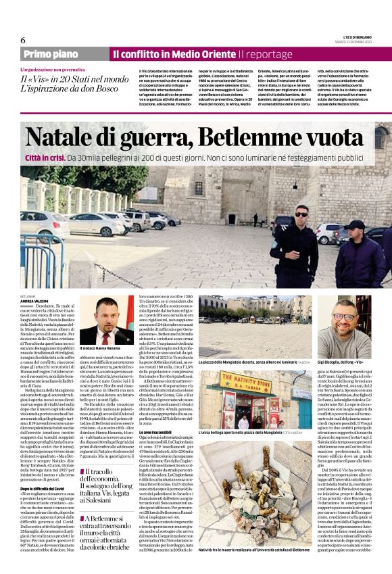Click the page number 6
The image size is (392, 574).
23,41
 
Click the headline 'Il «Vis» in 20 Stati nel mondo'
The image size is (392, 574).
74,80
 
